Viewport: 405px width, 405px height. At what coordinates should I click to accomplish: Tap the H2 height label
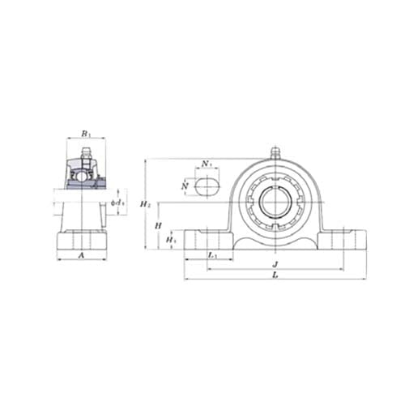(145, 204)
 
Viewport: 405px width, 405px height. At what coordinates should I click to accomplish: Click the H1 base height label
(169, 240)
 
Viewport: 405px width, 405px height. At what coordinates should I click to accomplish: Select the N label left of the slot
(186, 187)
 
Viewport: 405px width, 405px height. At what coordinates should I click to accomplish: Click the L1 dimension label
(212, 255)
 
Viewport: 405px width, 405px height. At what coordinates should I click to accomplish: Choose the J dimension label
(275, 264)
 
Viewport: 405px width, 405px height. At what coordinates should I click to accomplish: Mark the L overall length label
(275, 276)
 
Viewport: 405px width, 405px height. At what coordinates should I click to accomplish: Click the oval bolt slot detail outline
(207, 187)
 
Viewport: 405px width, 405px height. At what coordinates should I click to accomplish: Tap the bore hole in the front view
(275, 202)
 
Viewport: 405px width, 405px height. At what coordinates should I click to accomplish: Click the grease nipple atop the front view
(275, 151)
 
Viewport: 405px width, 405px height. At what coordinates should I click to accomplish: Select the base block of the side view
(81, 241)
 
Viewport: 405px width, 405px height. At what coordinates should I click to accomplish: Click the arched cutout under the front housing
(275, 241)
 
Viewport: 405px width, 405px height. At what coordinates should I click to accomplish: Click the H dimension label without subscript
(158, 226)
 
